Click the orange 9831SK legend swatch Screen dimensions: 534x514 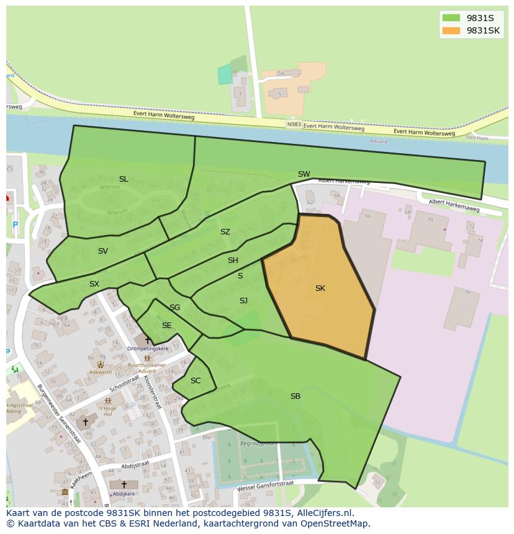pyautogui.click(x=451, y=30)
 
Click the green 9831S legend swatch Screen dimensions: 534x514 pyautogui.click(x=451, y=18)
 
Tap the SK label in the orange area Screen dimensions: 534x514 pyautogui.click(x=320, y=288)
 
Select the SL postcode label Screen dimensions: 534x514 pyautogui.click(x=124, y=179)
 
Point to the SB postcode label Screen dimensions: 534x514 pyautogui.click(x=295, y=396)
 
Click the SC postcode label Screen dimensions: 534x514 pyautogui.click(x=196, y=381)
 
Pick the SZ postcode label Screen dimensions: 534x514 pyautogui.click(x=225, y=232)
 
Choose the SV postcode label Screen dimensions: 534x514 pyautogui.click(x=103, y=251)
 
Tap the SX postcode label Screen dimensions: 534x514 pyautogui.click(x=94, y=284)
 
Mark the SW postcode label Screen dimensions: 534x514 pyautogui.click(x=304, y=174)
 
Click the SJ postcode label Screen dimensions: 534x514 pyautogui.click(x=243, y=301)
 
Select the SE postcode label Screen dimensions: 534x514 pyautogui.click(x=166, y=326)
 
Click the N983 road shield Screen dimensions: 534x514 pyautogui.click(x=294, y=125)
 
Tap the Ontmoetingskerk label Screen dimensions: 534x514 pyautogui.click(x=148, y=349)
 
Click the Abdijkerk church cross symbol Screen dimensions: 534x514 pyautogui.click(x=124, y=484)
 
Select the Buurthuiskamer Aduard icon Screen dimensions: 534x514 pyautogui.click(x=148, y=358)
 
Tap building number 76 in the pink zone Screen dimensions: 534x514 pyautogui.click(x=467, y=291)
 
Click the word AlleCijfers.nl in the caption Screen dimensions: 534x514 pyautogui.click(x=323, y=513)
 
